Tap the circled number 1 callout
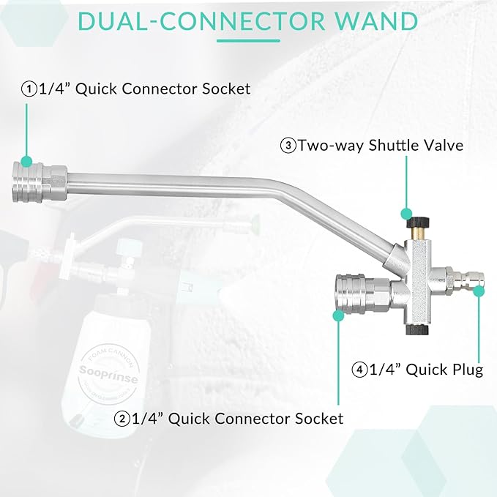click(29, 89)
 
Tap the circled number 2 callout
click(122, 419)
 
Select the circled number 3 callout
click(288, 145)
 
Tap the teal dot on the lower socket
click(339, 316)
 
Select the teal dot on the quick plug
click(479, 291)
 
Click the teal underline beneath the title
click(248, 40)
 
